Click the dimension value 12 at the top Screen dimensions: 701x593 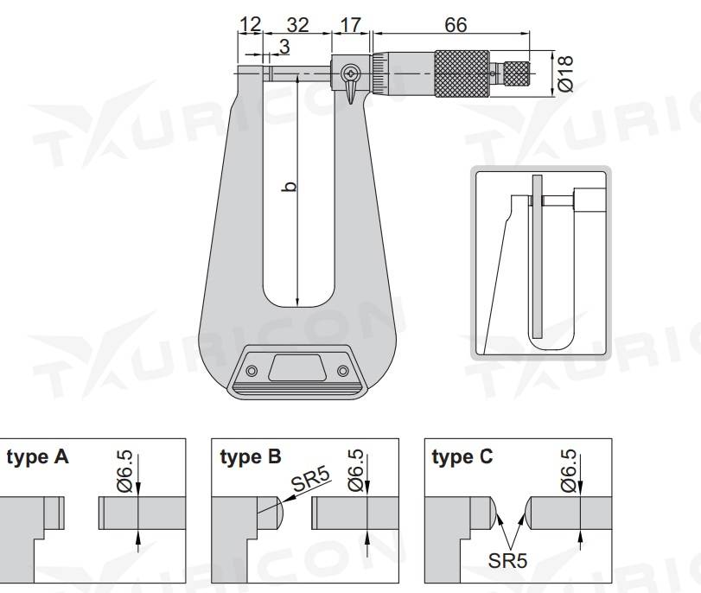(251, 24)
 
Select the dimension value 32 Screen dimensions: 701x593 (297, 24)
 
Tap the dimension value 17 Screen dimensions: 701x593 (351, 24)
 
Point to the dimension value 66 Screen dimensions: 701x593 (456, 24)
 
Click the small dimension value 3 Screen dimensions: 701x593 (284, 46)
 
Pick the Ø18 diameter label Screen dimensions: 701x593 (565, 73)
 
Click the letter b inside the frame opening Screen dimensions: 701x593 (290, 186)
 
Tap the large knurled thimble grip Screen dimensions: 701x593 (462, 73)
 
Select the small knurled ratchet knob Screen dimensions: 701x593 (517, 73)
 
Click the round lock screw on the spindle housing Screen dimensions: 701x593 (350, 73)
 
